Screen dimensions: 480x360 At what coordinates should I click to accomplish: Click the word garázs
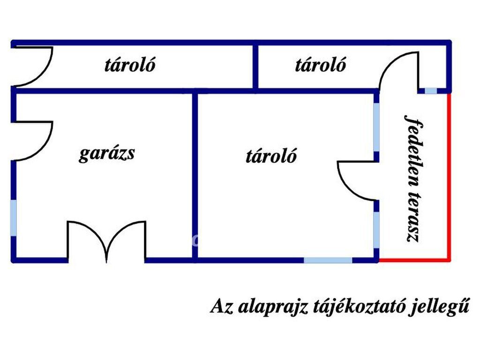(107, 153)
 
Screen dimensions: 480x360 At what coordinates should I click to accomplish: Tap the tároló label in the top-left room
(130, 65)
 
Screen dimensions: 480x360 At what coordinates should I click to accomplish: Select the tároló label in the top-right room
(321, 65)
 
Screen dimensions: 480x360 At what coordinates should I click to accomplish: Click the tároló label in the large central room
(271, 156)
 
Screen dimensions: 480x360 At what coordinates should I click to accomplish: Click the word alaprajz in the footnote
(273, 306)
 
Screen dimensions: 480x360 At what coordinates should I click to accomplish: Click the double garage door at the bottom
(106, 242)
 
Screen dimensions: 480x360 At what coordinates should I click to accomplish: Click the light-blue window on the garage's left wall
(14, 218)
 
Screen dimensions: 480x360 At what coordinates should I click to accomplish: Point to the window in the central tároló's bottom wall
(328, 260)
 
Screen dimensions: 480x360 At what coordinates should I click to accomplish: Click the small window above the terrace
(431, 90)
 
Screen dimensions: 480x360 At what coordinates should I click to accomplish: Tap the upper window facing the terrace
(376, 127)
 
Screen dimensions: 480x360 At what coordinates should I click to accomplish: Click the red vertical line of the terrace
(449, 177)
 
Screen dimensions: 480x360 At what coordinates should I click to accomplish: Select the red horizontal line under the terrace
(414, 260)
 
